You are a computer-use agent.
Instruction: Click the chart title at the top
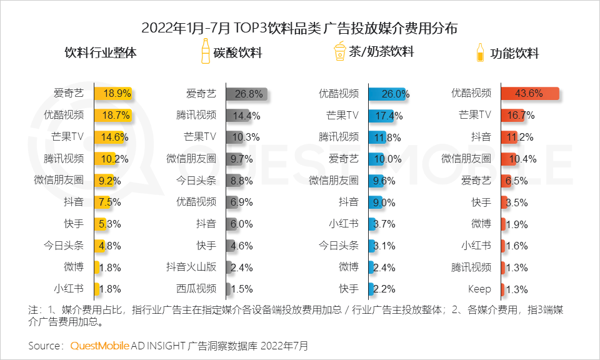coord(300,28)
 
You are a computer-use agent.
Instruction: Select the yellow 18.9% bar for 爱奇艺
coord(113,94)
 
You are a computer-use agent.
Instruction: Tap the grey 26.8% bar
coord(247,94)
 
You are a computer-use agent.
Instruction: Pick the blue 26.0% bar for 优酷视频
coord(387,94)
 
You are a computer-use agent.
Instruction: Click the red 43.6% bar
coord(529,94)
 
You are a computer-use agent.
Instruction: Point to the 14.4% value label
coord(247,116)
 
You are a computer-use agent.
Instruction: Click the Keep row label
coord(479,289)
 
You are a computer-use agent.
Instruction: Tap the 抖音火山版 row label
coord(191,267)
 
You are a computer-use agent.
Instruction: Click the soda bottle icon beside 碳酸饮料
coord(204,51)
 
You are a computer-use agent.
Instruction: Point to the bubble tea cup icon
coord(339,51)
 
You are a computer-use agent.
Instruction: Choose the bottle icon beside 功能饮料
coord(480,52)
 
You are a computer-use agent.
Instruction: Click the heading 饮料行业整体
coord(101,52)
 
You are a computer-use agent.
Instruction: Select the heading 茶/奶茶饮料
coord(381,52)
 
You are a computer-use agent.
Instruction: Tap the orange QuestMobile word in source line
coord(100,346)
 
